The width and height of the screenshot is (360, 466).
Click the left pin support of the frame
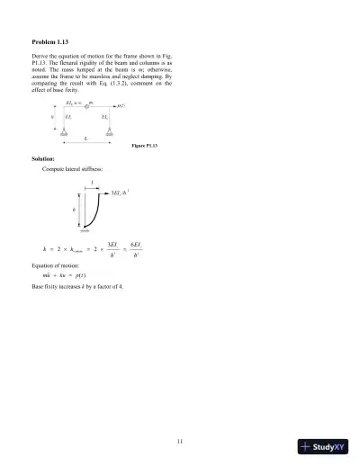65,131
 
